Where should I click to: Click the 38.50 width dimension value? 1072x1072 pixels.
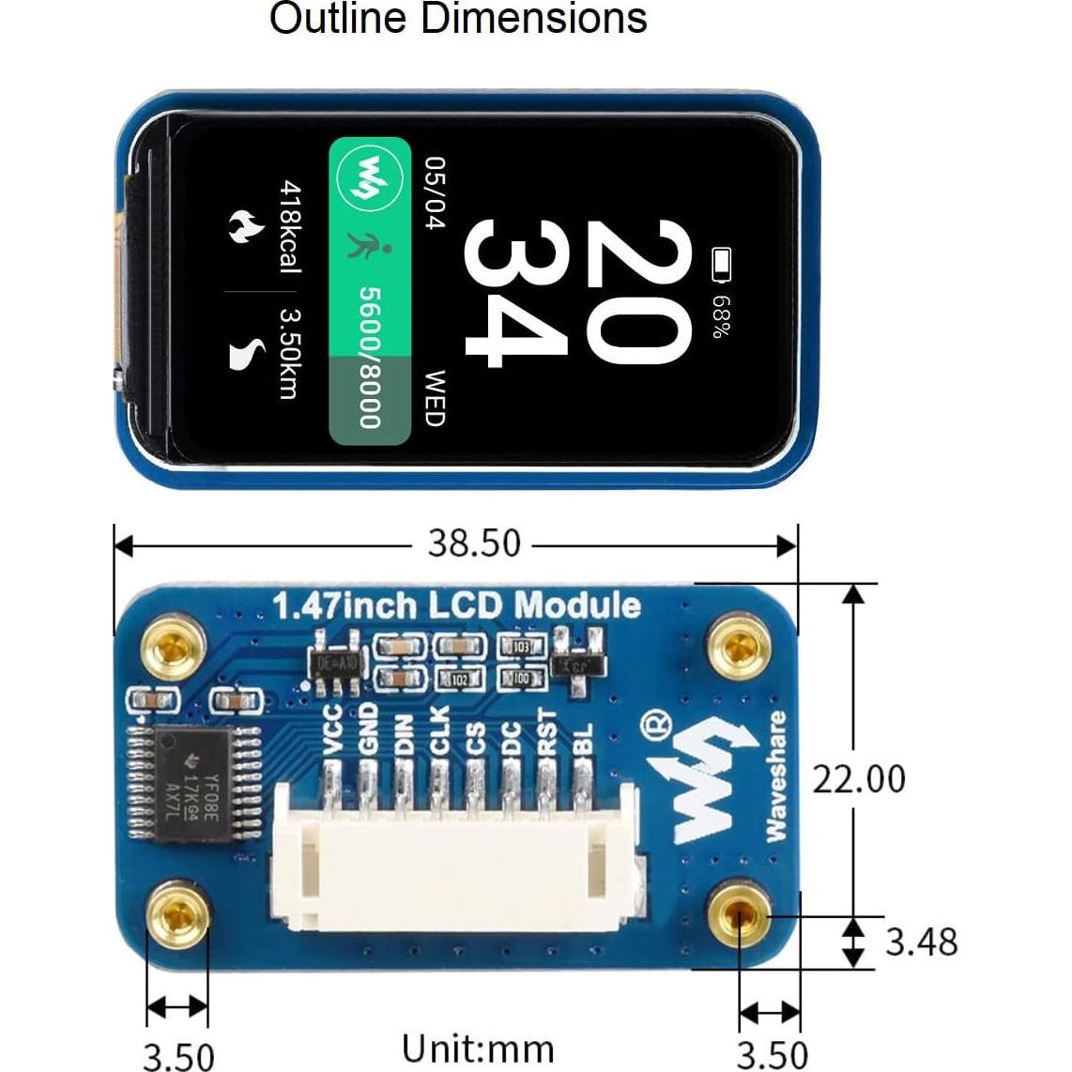tap(473, 544)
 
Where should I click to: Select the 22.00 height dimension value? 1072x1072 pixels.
tap(859, 779)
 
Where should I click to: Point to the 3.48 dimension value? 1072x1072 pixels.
tap(921, 942)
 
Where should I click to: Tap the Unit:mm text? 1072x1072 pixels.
tap(478, 1049)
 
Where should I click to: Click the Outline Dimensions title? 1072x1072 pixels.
tap(458, 20)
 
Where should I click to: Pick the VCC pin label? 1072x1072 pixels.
tap(331, 729)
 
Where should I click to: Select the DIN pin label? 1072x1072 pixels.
tap(404, 731)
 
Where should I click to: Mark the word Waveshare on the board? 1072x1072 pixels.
tap(774, 774)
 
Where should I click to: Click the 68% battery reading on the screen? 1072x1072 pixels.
tap(721, 317)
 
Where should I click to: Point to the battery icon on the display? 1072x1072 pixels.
tap(721, 265)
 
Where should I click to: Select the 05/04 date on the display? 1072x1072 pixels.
tap(435, 194)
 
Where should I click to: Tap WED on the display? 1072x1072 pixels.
tap(434, 398)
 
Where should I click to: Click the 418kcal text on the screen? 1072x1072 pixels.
tap(290, 227)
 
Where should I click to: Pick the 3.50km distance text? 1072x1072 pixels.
tap(290, 354)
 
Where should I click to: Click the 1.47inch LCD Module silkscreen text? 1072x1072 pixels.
tap(456, 606)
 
